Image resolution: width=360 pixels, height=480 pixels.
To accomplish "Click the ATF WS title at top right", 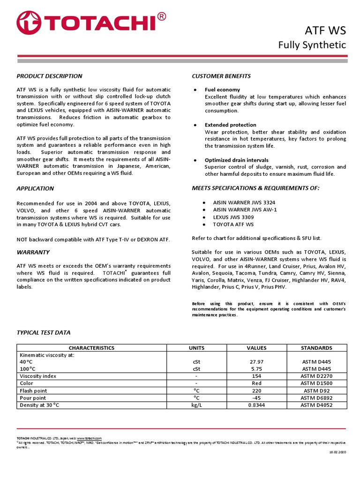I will pos(332,31).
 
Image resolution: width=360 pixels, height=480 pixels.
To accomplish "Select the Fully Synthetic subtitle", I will pos(312,45).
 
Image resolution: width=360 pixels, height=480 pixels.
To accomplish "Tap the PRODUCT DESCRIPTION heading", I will pos(49,76).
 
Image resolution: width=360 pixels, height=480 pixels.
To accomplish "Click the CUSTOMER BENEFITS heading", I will pos(221,76).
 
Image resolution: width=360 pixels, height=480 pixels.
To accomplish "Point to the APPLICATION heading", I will pos(35,188).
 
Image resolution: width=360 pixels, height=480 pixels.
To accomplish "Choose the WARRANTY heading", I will pos(33,252).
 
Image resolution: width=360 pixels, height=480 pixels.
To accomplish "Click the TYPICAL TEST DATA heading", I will pos(44,332).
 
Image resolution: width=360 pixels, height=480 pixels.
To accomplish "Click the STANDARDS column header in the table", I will pos(317,348).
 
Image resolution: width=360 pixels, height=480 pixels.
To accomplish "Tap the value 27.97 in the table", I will pos(256,362).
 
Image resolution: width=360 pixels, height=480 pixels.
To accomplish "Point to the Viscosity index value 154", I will pos(256,376).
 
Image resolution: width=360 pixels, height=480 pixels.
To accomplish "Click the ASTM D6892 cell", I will pos(317,397).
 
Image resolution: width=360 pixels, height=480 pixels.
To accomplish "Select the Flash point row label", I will pos(34,390).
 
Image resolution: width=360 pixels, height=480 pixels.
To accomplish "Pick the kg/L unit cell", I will pos(196,405).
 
